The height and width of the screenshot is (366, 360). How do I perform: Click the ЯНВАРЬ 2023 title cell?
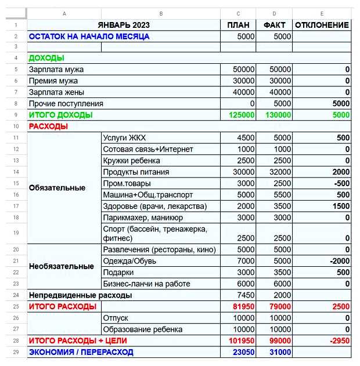[124, 25]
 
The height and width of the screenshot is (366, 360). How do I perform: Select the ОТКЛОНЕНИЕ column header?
[322, 25]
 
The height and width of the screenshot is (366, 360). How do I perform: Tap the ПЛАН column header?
[239, 25]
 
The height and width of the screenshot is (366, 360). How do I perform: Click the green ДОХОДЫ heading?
[46, 58]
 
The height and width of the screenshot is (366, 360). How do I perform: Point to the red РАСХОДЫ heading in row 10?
[48, 126]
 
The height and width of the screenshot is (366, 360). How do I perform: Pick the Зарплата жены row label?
[56, 92]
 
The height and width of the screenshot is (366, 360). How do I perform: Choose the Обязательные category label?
[57, 188]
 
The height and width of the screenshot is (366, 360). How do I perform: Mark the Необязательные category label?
[61, 267]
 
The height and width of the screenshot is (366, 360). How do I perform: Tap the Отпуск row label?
[116, 318]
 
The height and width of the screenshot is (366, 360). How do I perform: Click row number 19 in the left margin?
[16, 233]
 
